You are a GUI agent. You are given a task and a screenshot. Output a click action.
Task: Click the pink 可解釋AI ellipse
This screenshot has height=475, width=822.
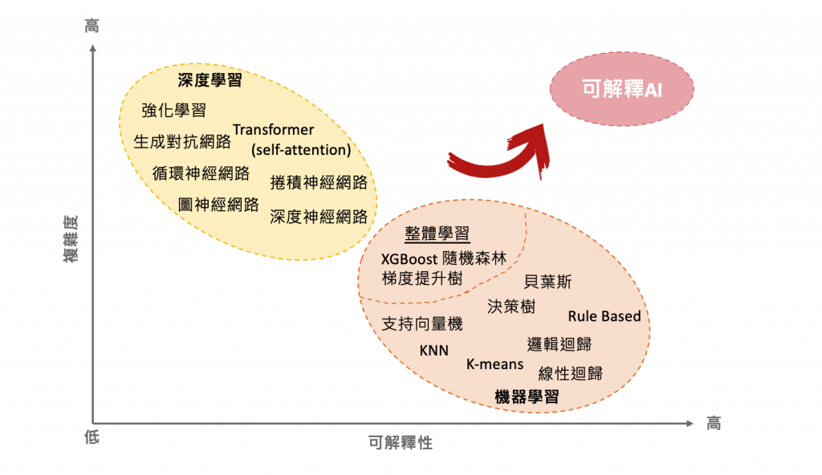(611, 90)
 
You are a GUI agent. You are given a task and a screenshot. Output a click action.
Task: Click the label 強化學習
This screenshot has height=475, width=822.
(173, 111)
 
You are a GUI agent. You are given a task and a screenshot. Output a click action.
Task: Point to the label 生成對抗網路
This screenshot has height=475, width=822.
(182, 142)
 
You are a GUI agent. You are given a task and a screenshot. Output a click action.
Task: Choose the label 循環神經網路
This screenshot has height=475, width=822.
(201, 173)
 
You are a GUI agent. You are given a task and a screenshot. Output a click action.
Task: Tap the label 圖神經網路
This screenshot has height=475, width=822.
(218, 204)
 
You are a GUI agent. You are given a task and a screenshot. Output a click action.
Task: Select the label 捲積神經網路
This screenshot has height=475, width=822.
(319, 182)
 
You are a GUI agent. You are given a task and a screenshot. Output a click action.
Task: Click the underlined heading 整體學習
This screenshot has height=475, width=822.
(437, 234)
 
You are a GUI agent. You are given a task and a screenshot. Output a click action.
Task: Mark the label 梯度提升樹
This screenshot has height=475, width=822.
(422, 278)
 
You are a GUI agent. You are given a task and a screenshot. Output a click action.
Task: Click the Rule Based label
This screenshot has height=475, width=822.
(604, 316)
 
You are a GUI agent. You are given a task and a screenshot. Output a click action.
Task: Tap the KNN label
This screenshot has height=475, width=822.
(434, 351)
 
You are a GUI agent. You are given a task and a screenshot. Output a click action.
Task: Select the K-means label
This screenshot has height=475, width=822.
(494, 364)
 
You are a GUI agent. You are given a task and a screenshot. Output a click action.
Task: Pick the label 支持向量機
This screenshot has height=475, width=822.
(422, 324)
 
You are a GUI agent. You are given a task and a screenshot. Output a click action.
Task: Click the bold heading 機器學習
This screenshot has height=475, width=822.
(527, 396)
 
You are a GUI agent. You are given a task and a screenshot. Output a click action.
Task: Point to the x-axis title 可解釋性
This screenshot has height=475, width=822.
(401, 443)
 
